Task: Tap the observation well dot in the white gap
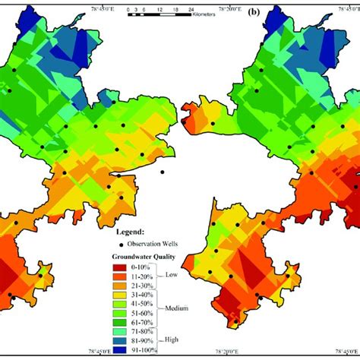(163, 172)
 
